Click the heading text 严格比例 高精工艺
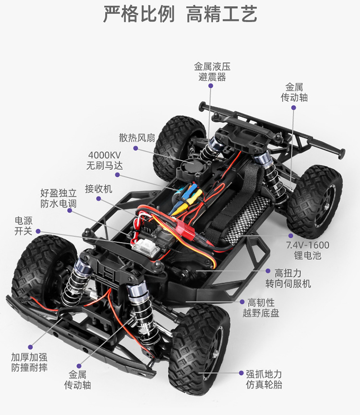pos(180,15)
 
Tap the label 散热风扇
pos(137,138)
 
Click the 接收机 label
pos(98,189)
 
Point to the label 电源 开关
pos(24,226)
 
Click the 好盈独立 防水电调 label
pos(58,198)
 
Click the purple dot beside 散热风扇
pos(136,149)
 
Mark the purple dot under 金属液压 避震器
pos(210,85)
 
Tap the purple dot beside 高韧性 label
pos(242,302)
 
